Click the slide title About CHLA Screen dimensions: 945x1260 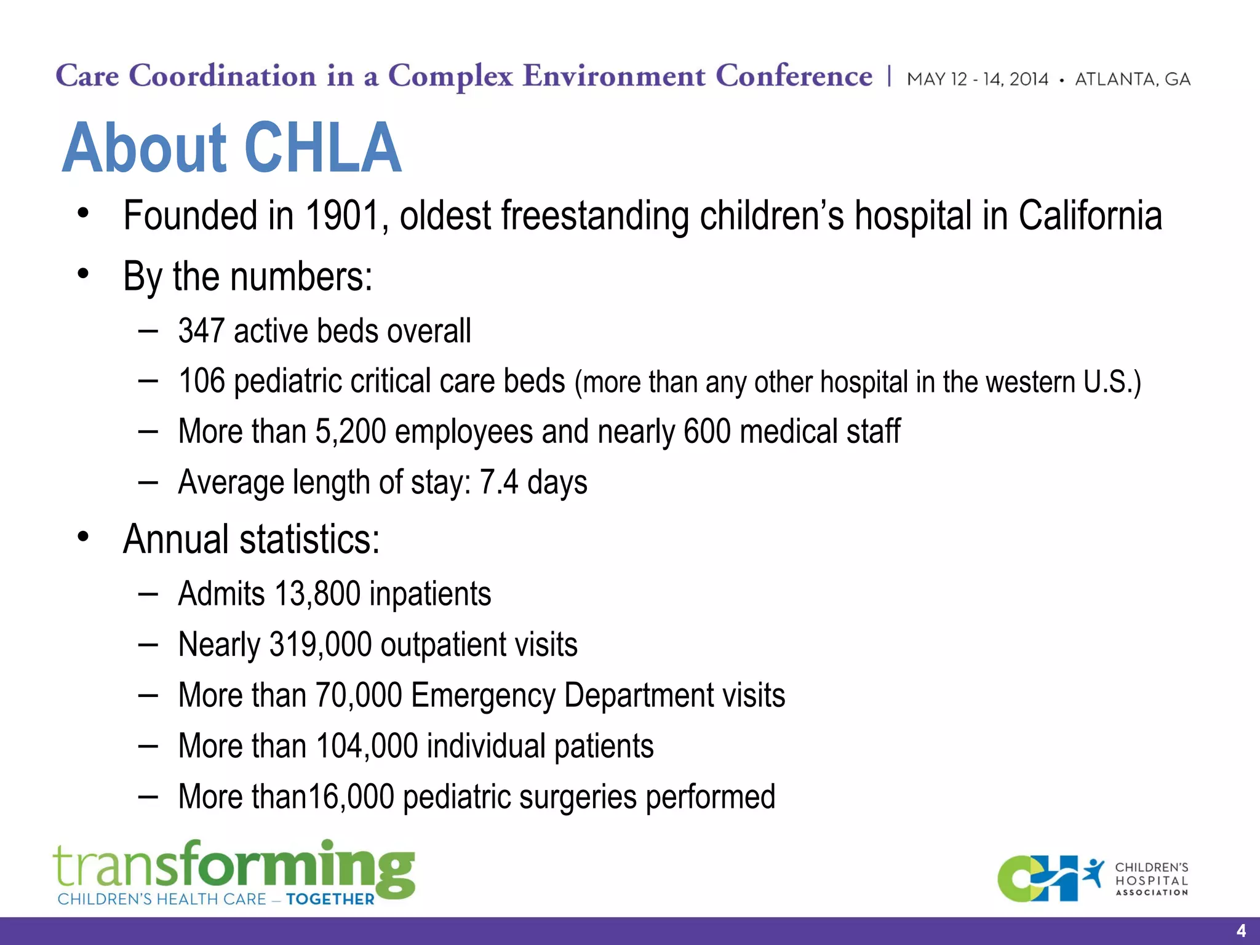coord(231,148)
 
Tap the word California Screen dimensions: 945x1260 coord(1090,216)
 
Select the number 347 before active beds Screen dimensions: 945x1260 coord(201,331)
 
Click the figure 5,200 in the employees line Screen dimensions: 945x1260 coord(351,431)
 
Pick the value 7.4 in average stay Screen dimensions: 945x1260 coord(498,482)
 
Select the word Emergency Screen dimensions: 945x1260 coord(483,696)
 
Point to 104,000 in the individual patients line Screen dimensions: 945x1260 coord(367,746)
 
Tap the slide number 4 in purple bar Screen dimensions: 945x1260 coord(1240,930)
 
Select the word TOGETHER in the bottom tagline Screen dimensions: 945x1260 coord(330,899)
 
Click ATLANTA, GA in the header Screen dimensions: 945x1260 coord(1132,79)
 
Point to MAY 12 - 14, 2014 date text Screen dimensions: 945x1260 coord(977,79)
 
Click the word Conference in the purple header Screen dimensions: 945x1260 coord(794,76)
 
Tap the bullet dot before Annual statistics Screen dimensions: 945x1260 coord(83,537)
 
